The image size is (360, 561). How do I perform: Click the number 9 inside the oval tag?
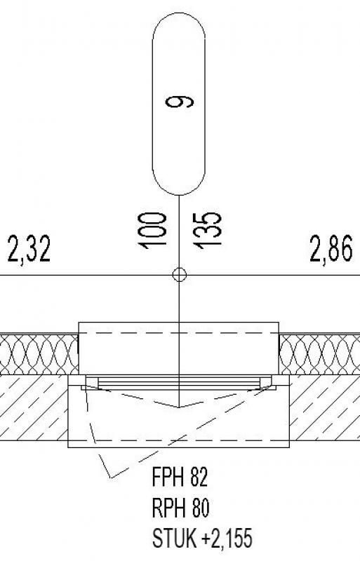point(180,102)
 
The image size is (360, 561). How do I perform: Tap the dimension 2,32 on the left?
point(29,249)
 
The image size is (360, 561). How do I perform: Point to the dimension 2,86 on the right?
point(331,249)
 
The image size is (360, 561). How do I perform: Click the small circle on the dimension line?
point(180,275)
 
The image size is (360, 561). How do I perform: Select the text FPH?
point(168,477)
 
